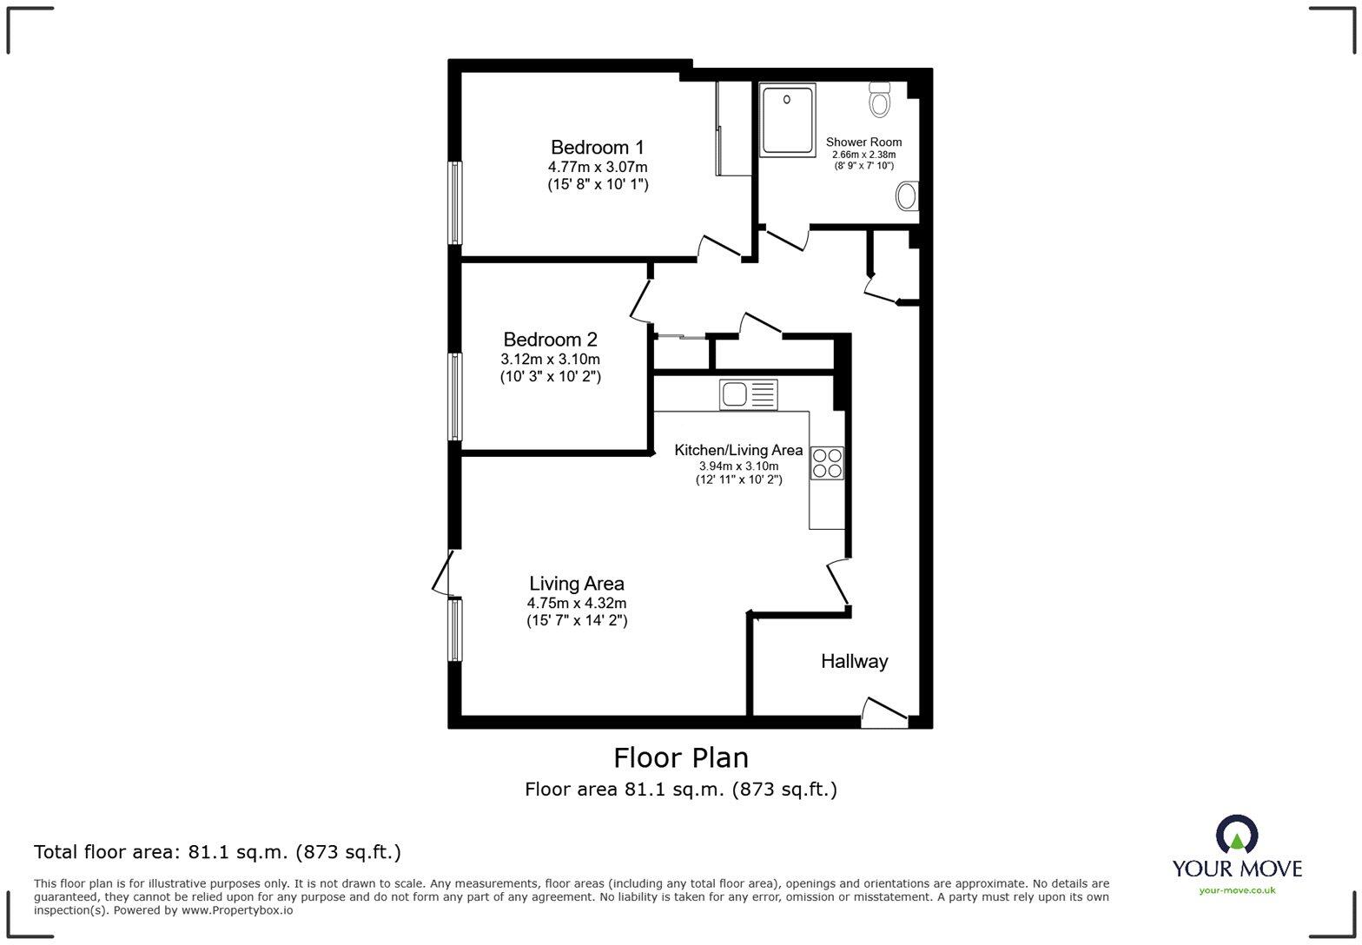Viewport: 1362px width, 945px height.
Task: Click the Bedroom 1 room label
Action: [597, 147]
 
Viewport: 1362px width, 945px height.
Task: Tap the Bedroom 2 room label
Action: [550, 340]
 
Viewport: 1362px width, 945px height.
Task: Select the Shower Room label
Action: [863, 142]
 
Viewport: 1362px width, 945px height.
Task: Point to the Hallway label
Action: [854, 662]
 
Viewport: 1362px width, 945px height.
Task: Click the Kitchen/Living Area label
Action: [738, 450]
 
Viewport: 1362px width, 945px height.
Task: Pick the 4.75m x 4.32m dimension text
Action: [577, 603]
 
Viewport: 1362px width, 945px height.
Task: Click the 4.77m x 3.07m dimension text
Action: [597, 167]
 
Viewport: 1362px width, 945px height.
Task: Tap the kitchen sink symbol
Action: [748, 395]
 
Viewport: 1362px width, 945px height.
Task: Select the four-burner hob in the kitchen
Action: [826, 463]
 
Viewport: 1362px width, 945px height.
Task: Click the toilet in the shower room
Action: [880, 100]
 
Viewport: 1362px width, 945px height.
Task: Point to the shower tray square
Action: [787, 120]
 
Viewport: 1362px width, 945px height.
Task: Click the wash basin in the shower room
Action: [908, 196]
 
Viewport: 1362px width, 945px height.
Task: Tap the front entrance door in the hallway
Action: [884, 710]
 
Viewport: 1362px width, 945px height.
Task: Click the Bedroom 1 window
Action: [454, 202]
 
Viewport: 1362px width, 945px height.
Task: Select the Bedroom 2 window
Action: [454, 396]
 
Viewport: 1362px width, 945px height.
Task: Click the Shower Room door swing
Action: [786, 238]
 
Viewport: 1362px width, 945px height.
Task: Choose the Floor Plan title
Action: [681, 758]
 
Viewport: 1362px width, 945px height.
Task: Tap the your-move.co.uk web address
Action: [1237, 889]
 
